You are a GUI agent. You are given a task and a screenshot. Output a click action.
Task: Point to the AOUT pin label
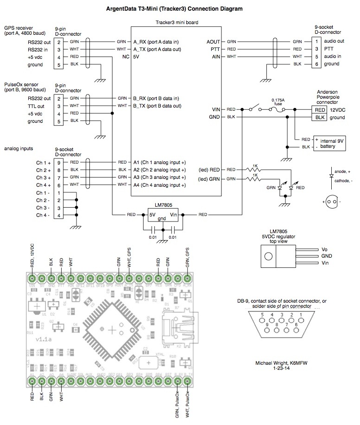[x=214, y=41]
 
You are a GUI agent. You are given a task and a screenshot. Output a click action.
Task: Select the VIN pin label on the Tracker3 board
[x=216, y=110]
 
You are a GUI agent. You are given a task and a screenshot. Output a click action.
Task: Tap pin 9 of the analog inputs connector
[x=59, y=163]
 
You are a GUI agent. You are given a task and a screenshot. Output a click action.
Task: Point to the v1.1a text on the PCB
[x=44, y=339]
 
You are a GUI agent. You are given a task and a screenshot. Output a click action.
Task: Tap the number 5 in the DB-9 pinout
[x=262, y=315]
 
